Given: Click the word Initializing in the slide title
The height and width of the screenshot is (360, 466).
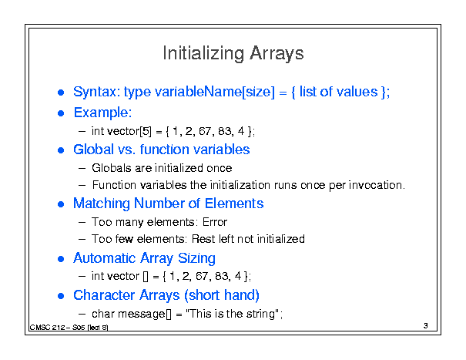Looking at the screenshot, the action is point(203,54).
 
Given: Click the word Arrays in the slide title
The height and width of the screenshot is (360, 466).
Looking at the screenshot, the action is point(277,54).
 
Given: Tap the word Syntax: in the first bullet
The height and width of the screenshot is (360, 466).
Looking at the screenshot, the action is point(96,92).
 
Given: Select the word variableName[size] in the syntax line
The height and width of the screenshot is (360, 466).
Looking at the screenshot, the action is point(215,92).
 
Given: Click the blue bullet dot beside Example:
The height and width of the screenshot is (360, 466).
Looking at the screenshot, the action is point(61,113).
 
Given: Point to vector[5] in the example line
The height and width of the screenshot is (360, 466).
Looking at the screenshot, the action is point(129,131).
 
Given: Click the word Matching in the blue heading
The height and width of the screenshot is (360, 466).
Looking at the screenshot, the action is point(102,204).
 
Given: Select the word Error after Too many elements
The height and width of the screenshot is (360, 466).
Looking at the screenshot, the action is point(215,222).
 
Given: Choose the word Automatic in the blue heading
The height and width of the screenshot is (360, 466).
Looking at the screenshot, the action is point(105,258).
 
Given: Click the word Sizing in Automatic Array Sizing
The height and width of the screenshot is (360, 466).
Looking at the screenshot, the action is point(196,258).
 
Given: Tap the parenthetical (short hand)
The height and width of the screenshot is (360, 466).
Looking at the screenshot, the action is point(222,295).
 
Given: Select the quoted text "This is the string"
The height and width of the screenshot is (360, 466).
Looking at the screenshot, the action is point(232,314).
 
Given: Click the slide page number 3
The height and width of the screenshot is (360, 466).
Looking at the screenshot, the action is point(426,326).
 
